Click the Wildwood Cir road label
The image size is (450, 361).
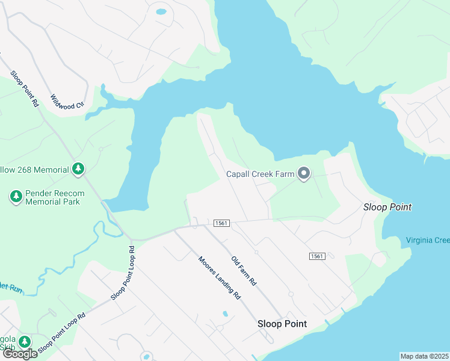(67, 101)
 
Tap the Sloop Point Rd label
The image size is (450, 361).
(25, 88)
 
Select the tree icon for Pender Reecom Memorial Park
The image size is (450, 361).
(16, 196)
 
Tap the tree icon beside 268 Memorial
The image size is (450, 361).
(78, 170)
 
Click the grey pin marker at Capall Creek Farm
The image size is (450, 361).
(304, 174)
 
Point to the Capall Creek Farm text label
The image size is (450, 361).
(260, 174)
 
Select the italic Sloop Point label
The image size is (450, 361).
(387, 207)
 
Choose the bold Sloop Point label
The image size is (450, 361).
(282, 324)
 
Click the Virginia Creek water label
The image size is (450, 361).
(428, 241)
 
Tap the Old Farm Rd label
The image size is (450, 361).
(244, 271)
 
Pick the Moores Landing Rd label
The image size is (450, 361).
(220, 278)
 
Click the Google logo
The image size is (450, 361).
(19, 354)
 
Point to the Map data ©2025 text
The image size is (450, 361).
(424, 356)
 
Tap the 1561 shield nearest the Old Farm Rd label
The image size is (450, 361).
(221, 223)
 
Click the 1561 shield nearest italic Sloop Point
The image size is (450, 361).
(317, 256)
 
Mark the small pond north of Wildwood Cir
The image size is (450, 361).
(161, 11)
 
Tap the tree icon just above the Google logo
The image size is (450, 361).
(24, 342)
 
